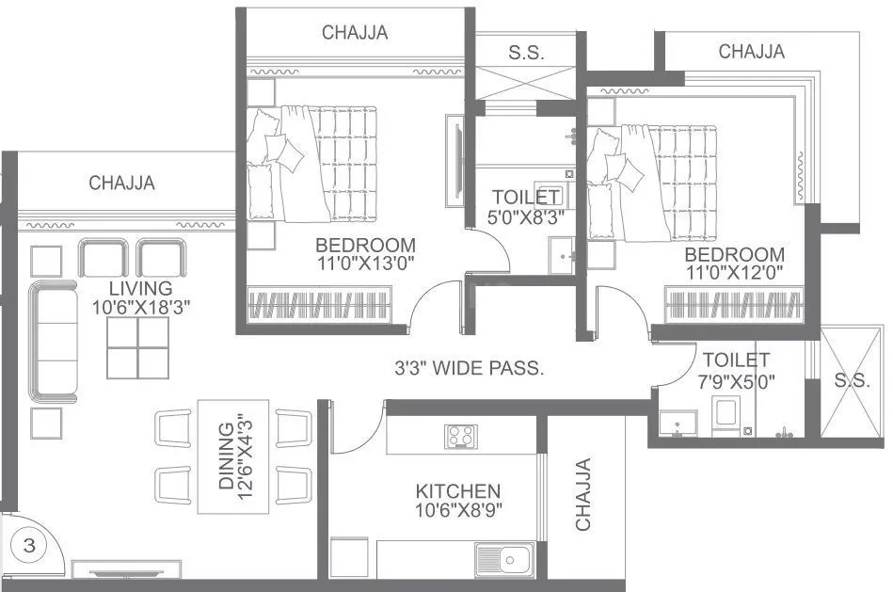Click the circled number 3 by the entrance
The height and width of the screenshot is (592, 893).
tap(29, 545)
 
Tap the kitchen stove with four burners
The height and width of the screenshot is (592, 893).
tap(461, 436)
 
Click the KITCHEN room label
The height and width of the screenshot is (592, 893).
tap(458, 491)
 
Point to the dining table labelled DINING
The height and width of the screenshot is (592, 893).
tap(233, 456)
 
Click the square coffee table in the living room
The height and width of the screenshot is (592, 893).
tap(137, 347)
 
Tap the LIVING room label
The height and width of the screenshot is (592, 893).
tap(140, 288)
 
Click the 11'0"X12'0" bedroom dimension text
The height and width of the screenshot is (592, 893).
tap(734, 274)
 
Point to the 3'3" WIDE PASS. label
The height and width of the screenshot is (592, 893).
tap(469, 369)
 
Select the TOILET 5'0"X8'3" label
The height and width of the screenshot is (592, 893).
tap(527, 206)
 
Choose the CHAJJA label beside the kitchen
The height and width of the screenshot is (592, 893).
tap(583, 493)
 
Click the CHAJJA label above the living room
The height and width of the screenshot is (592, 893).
tap(122, 183)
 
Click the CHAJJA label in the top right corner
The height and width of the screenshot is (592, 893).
tap(751, 52)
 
